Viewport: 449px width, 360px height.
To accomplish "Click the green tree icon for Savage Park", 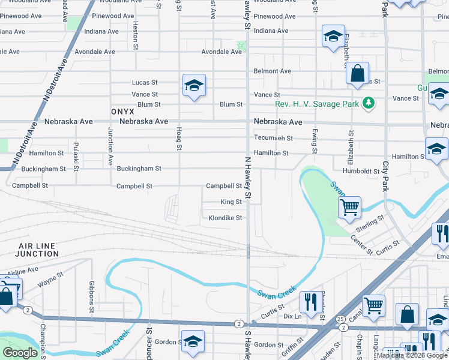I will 368,104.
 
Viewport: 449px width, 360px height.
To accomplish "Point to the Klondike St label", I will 225,218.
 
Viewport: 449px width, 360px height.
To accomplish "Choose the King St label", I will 231,202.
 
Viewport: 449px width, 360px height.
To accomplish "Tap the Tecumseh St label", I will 273,137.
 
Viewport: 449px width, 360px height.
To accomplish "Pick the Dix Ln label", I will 291,316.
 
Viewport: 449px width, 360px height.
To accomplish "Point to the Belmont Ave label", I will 272,71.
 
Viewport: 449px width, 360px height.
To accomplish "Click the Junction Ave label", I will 110,146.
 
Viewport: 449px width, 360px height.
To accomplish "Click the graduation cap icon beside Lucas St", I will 194,86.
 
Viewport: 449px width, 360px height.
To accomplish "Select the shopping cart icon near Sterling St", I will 349,208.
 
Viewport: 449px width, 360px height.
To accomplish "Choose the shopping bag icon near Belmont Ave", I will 357,74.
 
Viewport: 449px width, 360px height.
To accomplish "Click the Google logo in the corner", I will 20,353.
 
